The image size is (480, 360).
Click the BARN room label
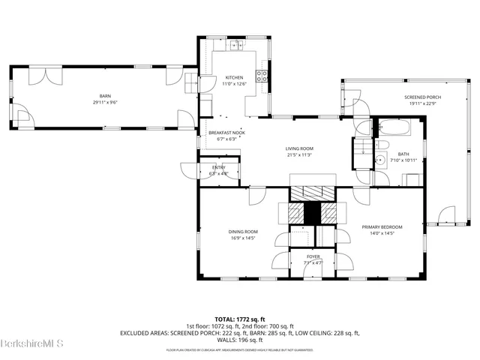(x=105, y=96)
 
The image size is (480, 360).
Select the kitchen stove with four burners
(x=263, y=75)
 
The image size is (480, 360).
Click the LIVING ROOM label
(x=298, y=148)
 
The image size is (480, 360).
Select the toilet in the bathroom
(x=381, y=145)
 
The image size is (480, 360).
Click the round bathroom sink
(x=363, y=157)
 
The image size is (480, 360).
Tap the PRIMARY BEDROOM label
(x=382, y=226)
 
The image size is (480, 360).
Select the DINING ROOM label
(x=243, y=232)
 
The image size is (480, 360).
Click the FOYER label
(x=313, y=256)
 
